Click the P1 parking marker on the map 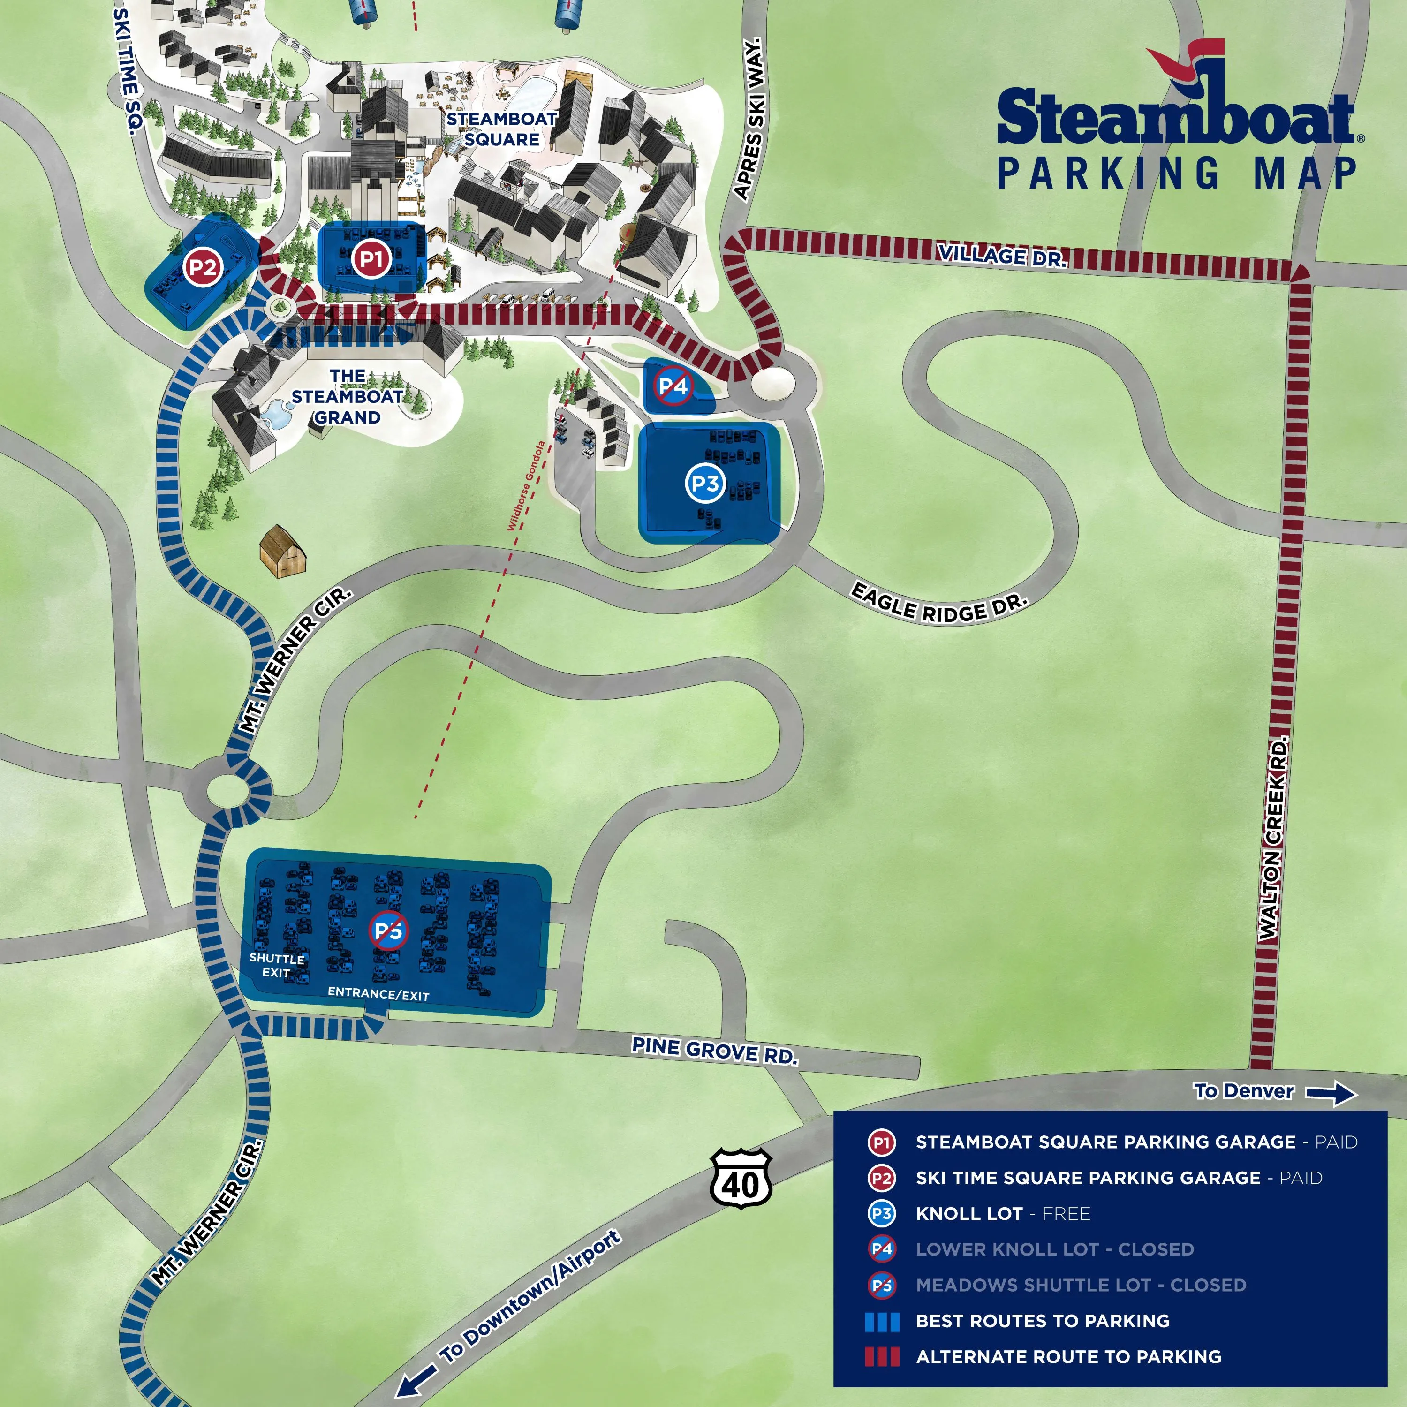[x=371, y=258]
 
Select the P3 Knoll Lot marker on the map [x=705, y=483]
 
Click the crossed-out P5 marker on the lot [x=389, y=930]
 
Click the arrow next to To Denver [x=1331, y=1093]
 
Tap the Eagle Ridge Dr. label [x=939, y=603]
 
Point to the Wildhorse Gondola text [x=526, y=486]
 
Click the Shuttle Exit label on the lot [x=277, y=965]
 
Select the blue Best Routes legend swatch [x=881, y=1321]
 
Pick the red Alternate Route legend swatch [x=881, y=1357]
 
